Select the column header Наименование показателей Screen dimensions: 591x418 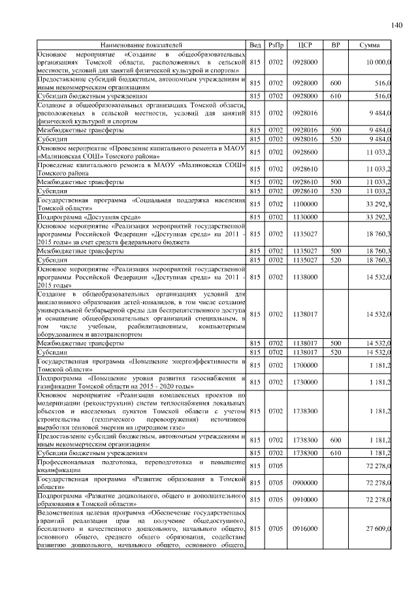pos(142,44)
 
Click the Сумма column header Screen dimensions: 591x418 pos(369,44)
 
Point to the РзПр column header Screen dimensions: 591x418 pos(276,44)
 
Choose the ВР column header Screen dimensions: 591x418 pos(336,44)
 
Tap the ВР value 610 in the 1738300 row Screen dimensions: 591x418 pos(336,453)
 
